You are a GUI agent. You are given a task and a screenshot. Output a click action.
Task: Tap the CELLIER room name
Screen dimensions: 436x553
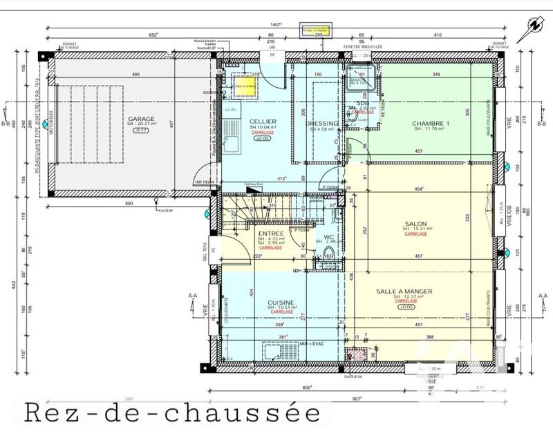[x=263, y=121]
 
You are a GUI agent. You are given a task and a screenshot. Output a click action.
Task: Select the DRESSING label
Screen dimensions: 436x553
[x=322, y=124]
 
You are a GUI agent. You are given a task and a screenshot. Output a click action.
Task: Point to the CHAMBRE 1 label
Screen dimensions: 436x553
[x=431, y=124]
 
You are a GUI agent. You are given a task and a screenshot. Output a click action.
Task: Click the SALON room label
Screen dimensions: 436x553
[x=415, y=223]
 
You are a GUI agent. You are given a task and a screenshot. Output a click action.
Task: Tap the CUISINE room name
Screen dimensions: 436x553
[x=282, y=302]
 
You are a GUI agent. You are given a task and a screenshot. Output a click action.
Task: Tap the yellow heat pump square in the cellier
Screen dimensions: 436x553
[x=244, y=86]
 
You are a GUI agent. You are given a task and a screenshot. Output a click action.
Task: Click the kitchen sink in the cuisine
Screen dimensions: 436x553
[x=270, y=350]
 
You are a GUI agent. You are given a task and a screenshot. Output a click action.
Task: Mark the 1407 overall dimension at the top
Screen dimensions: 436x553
[x=276, y=24]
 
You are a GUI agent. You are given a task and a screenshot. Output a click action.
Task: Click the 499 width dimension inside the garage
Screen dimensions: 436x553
[x=136, y=75]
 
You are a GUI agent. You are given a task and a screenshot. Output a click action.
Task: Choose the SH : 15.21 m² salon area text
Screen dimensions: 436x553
[x=415, y=229]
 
